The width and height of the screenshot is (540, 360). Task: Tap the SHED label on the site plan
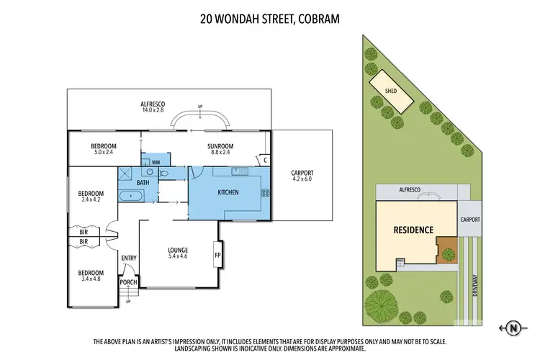(391, 91)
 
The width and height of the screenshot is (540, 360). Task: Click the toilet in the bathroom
(165, 174)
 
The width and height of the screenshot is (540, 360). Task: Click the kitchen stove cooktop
(265, 192)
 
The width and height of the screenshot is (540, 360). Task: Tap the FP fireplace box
(217, 254)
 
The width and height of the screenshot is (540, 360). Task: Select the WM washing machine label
(156, 163)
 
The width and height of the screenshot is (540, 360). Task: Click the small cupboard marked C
(265, 160)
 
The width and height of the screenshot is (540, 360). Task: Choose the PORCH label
(128, 282)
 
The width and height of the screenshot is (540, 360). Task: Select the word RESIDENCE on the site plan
(413, 230)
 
